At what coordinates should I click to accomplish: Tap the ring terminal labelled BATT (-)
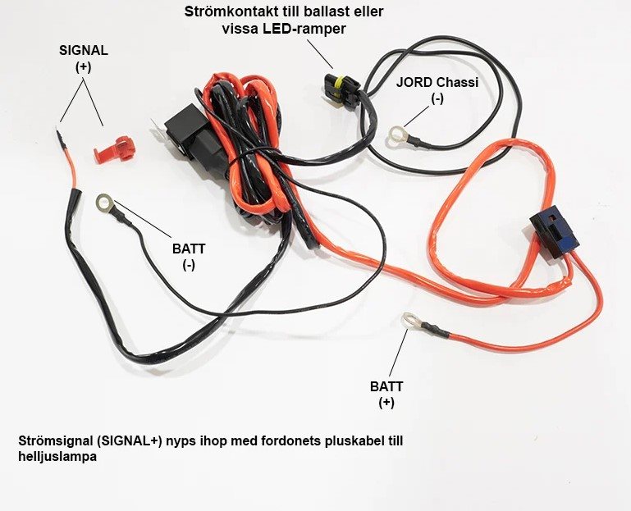[x=105, y=202]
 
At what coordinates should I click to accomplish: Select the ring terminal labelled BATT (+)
[x=408, y=321]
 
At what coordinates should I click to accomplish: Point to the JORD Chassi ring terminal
[x=400, y=134]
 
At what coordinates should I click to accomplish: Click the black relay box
[x=187, y=131]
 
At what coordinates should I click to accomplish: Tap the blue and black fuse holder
[x=554, y=231]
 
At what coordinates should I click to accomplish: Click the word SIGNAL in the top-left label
[x=84, y=50]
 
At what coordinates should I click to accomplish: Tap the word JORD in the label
[x=413, y=83]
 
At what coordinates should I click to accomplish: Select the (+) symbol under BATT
[x=386, y=404]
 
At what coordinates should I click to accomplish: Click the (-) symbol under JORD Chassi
[x=437, y=98]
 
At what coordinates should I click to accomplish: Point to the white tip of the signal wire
[x=58, y=128]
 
